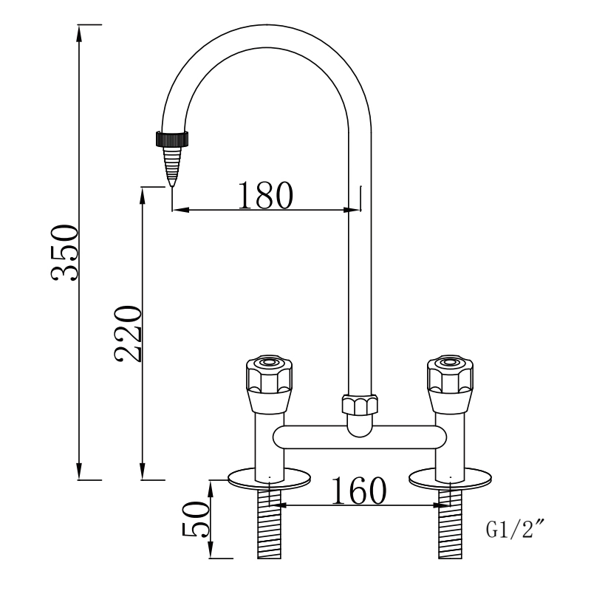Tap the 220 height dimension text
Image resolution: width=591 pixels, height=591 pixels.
(x=128, y=332)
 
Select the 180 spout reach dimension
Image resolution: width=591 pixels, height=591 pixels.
(x=266, y=194)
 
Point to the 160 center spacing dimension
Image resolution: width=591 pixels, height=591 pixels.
(x=358, y=491)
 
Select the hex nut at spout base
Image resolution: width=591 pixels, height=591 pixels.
(x=360, y=406)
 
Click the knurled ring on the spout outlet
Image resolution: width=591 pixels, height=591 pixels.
(x=172, y=137)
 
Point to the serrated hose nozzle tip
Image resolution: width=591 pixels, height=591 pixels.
(x=172, y=164)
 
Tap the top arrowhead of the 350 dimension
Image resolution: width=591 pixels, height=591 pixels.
(x=79, y=30)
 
